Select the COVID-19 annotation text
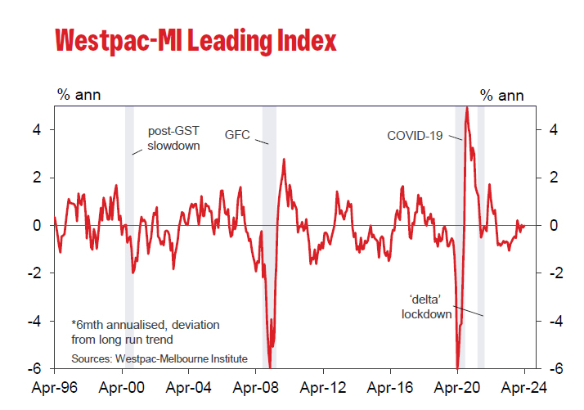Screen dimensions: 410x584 pyautogui.click(x=415, y=135)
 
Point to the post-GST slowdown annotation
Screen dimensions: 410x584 pyautogui.click(x=173, y=138)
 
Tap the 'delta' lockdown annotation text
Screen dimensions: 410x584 pyautogui.click(x=427, y=306)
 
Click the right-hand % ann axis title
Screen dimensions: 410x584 pyautogui.click(x=501, y=94)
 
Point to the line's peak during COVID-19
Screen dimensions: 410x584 pyautogui.click(x=466, y=108)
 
